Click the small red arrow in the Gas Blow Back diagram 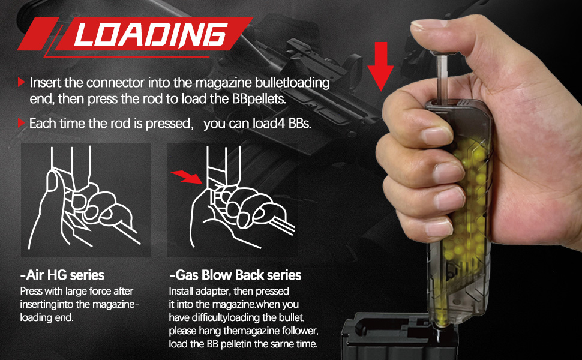(185, 176)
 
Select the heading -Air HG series (62, 275)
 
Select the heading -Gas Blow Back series (235, 275)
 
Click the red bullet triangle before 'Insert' (22, 82)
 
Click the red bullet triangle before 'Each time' (22, 124)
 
